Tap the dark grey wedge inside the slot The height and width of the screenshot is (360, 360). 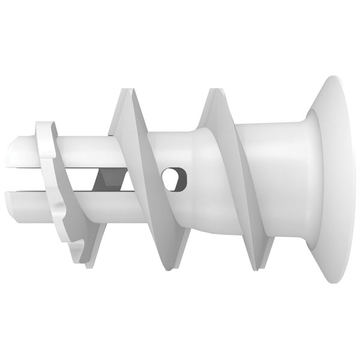[109, 178]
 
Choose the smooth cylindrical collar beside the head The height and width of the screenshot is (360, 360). [270, 180]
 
